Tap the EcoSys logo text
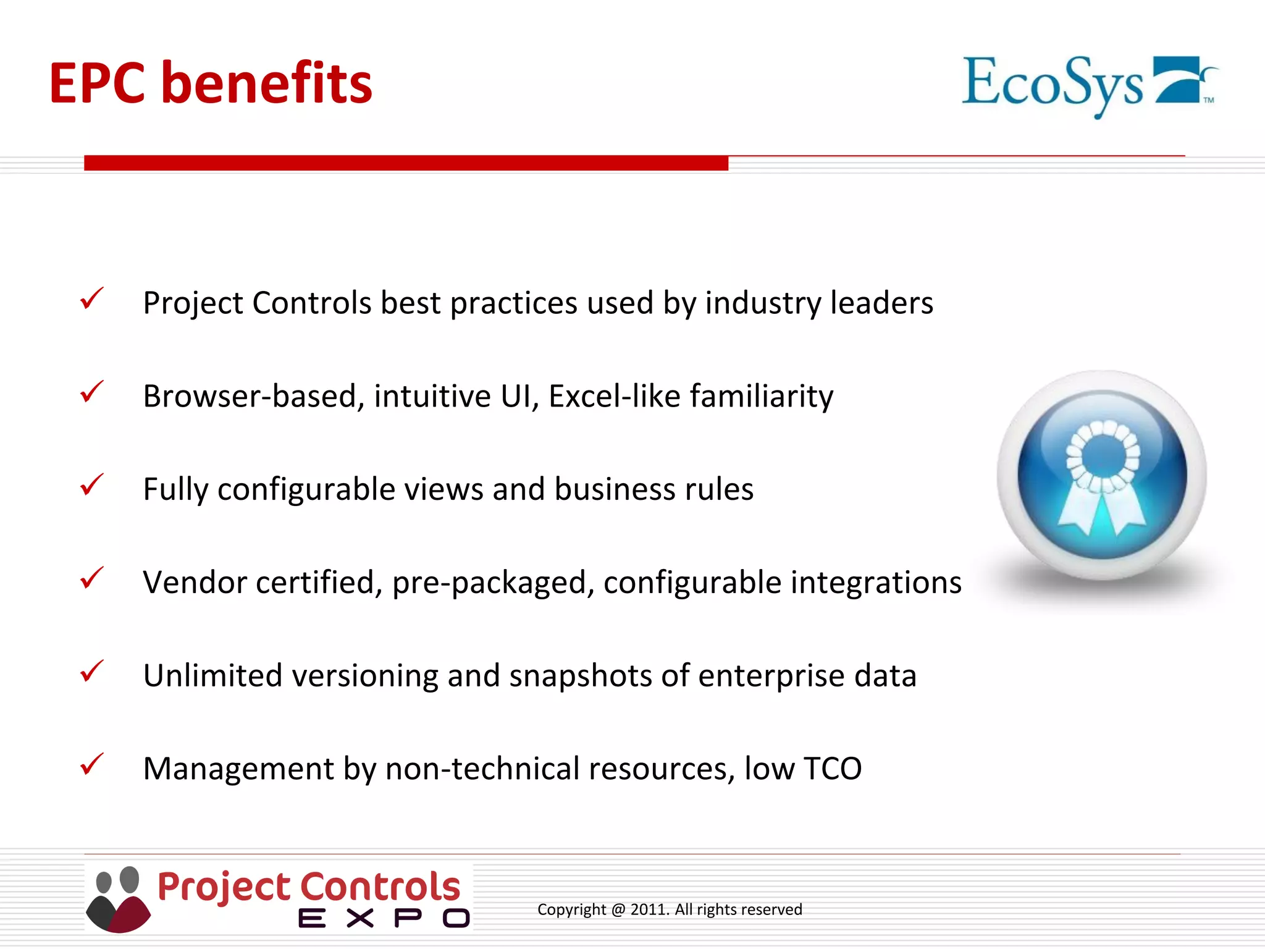(x=1053, y=83)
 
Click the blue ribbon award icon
(x=1102, y=475)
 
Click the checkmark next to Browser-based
(x=91, y=392)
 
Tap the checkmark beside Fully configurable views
(x=91, y=486)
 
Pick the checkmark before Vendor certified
(x=91, y=579)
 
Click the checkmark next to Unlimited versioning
(x=91, y=672)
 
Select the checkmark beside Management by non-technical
(x=91, y=765)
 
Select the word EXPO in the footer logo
(x=384, y=918)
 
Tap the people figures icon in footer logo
(x=118, y=899)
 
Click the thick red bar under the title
(x=406, y=163)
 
